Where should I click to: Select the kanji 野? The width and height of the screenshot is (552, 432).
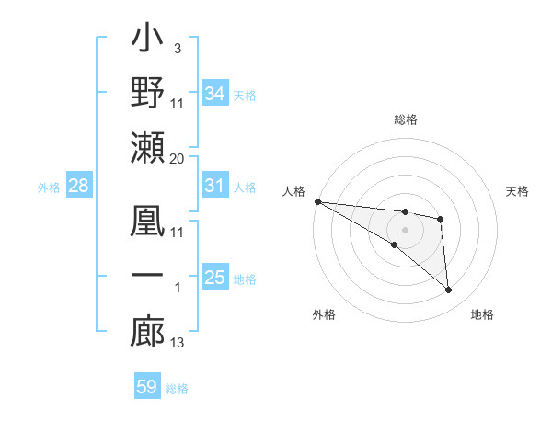tap(147, 93)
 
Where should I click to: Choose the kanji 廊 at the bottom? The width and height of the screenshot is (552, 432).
tap(147, 331)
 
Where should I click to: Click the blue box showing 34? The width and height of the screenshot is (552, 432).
tap(215, 93)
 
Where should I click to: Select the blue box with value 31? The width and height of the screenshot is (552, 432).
tap(215, 186)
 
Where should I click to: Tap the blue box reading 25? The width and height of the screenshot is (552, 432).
tap(215, 278)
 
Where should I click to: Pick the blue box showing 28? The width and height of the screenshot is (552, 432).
tap(79, 187)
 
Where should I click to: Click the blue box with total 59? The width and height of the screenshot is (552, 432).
tap(147, 387)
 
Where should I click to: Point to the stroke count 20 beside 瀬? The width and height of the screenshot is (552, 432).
tap(178, 159)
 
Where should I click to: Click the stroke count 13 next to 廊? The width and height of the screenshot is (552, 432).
tap(178, 343)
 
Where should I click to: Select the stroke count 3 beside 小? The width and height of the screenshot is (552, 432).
tap(177, 48)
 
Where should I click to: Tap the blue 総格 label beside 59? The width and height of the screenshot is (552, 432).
tap(177, 389)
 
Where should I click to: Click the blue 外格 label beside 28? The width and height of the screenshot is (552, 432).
tap(49, 188)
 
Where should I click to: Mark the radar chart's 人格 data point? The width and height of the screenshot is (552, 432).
tap(317, 201)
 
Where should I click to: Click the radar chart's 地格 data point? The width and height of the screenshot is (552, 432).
tap(448, 290)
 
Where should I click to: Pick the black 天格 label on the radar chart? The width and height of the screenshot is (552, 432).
tap(518, 191)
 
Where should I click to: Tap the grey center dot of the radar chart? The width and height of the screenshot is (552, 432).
tap(405, 229)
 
